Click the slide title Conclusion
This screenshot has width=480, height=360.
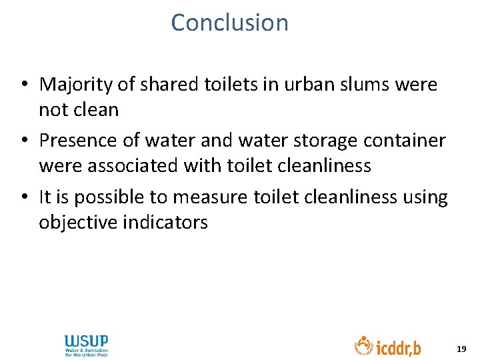(229, 23)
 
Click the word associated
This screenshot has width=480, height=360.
(133, 165)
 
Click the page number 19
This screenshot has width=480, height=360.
(461, 349)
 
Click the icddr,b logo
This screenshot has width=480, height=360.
(387, 346)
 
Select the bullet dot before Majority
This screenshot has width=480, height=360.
(23, 85)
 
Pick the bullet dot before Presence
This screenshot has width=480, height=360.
(23, 141)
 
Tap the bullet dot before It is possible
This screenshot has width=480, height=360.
(23, 198)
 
